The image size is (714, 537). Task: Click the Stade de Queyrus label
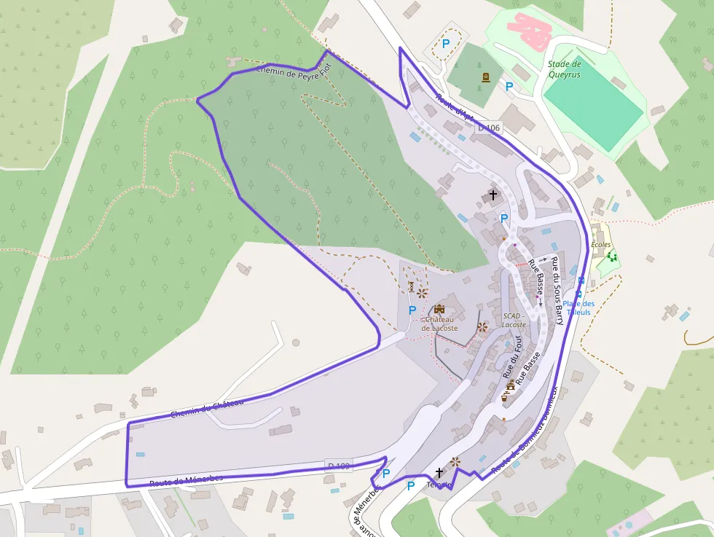pyautogui.click(x=565, y=69)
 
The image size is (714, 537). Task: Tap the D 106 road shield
pyautogui.click(x=489, y=128)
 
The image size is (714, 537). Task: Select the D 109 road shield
pyautogui.click(x=338, y=465)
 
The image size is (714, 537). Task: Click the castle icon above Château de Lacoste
pyautogui.click(x=439, y=309)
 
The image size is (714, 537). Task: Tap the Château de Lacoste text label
pyautogui.click(x=440, y=324)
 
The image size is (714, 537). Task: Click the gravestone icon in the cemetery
pyautogui.click(x=485, y=77)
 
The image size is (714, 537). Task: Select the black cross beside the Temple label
pyautogui.click(x=439, y=472)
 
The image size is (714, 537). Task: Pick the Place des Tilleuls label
pyautogui.click(x=578, y=307)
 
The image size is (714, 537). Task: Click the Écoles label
pyautogui.click(x=601, y=245)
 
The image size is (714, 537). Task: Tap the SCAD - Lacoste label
pyautogui.click(x=513, y=320)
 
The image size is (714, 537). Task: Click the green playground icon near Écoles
pyautogui.click(x=612, y=256)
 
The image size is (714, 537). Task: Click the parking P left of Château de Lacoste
pyautogui.click(x=412, y=310)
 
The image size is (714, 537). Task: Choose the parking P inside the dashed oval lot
pyautogui.click(x=446, y=44)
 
